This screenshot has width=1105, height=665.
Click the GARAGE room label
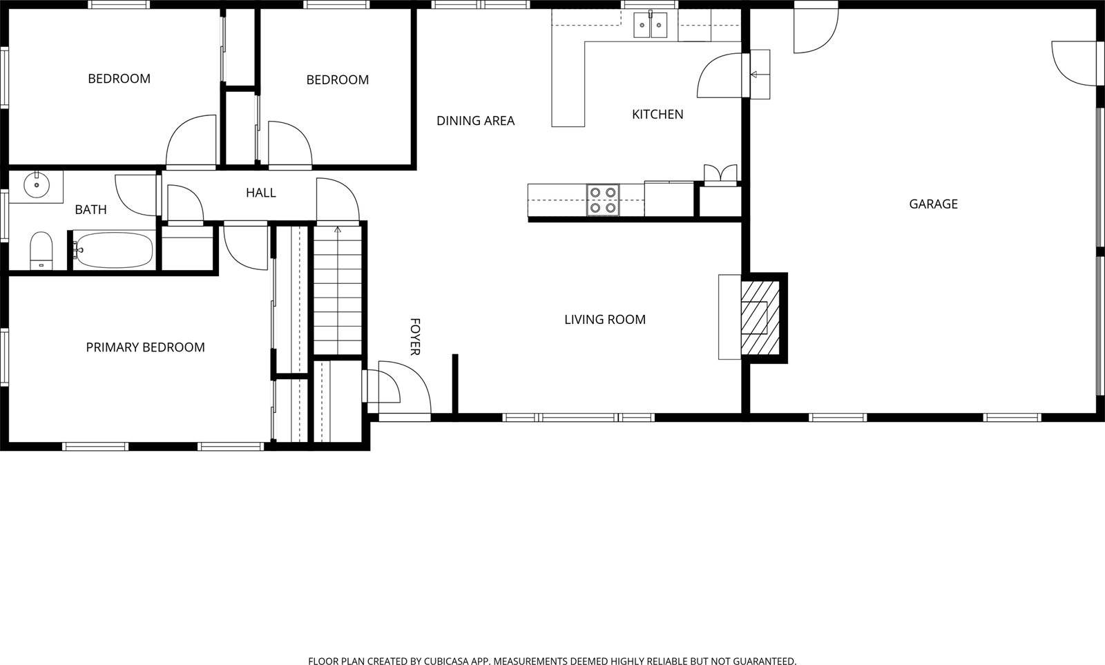tap(933, 204)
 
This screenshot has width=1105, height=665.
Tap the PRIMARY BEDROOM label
tap(145, 347)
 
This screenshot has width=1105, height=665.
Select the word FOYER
tap(415, 337)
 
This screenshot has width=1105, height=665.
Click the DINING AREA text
tap(475, 121)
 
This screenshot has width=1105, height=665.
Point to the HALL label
tap(260, 193)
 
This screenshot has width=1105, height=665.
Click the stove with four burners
tap(603, 200)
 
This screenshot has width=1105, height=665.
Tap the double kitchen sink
tap(651, 26)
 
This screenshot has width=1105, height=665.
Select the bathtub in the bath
tap(114, 250)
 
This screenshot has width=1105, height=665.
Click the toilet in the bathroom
tap(41, 250)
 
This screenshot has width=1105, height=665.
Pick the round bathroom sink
tap(36, 185)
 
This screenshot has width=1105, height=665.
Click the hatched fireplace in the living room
tap(760, 317)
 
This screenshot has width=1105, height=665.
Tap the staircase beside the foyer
tap(338, 290)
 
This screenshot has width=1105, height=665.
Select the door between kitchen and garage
tap(722, 76)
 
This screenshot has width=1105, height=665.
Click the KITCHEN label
tap(657, 115)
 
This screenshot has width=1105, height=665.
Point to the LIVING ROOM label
tap(604, 320)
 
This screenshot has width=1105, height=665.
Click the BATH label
tap(90, 210)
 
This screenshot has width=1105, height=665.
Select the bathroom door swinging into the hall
tap(137, 195)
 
